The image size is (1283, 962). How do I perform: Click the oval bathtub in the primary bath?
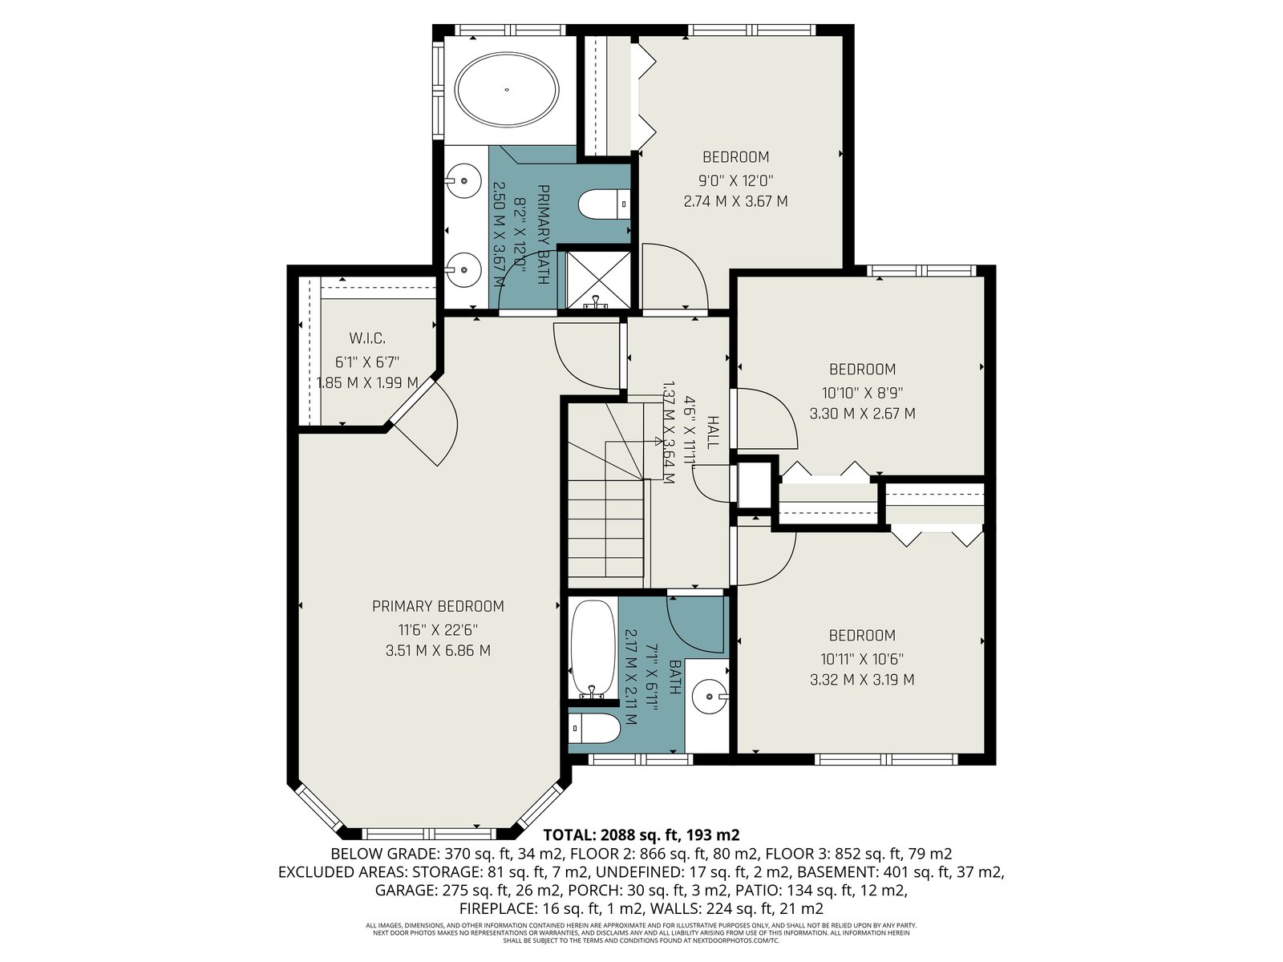[507, 90]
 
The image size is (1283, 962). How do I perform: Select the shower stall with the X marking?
[598, 281]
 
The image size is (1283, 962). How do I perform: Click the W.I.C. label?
[367, 338]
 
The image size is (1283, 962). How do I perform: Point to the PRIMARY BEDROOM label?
[438, 606]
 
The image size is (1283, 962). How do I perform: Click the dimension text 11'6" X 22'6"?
[438, 629]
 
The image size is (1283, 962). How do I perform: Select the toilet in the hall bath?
[594, 728]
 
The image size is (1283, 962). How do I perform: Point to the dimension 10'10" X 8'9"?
[863, 392]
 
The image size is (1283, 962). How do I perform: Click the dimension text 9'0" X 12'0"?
[736, 180]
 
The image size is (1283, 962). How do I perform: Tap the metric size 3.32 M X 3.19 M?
[862, 679]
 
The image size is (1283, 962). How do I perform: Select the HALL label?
[713, 433]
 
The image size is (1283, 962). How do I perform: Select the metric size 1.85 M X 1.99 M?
[367, 382]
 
